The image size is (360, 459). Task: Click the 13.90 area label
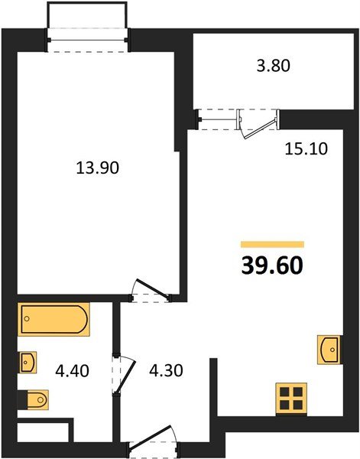97,168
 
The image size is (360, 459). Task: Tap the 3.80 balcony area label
274,66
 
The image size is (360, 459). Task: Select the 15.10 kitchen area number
306,148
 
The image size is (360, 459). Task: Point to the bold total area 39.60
272,266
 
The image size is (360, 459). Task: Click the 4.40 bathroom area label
72,371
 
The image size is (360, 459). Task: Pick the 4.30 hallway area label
166,370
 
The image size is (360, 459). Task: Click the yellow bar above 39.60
272,245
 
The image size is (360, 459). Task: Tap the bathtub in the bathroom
54,319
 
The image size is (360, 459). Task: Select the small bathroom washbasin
28,363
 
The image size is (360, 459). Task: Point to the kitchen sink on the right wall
329,350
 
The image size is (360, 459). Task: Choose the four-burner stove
291,399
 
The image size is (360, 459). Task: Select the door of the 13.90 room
151,289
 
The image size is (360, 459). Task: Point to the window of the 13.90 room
87,40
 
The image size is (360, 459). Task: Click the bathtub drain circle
27,319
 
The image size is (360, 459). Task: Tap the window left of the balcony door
218,119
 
